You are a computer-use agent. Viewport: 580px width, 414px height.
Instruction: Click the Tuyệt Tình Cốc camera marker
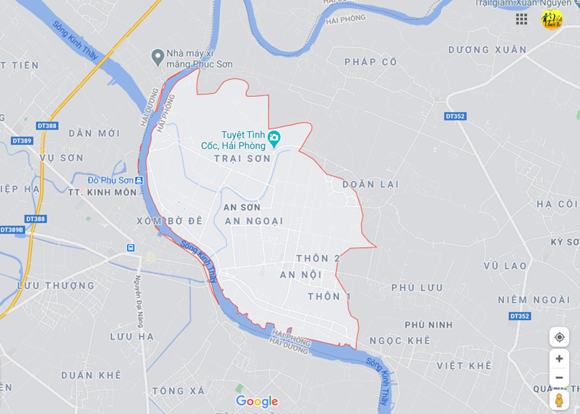274,137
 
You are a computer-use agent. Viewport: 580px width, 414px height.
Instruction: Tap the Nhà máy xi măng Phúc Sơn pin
158,57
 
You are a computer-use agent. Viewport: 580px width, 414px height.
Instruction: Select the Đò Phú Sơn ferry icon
139,180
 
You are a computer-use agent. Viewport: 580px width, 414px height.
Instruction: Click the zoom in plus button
559,358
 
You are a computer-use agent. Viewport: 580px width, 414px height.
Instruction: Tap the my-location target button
559,337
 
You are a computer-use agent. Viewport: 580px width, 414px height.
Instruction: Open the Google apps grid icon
521,19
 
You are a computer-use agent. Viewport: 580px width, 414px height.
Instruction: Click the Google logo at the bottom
256,401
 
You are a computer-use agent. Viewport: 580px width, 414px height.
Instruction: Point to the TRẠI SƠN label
242,158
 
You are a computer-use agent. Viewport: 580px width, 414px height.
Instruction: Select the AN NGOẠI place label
254,221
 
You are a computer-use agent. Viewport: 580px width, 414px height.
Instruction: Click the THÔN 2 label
318,258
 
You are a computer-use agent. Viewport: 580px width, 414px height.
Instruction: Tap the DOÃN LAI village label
370,184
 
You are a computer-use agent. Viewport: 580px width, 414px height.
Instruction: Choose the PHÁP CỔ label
370,62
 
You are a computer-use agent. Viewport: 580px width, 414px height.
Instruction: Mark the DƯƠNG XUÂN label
487,49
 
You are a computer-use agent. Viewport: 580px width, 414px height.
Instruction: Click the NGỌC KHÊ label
400,341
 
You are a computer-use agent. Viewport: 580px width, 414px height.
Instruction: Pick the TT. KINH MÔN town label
102,193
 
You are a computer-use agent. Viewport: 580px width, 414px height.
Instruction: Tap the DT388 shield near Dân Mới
47,126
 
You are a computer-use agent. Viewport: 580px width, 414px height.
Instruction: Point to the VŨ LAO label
505,266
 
